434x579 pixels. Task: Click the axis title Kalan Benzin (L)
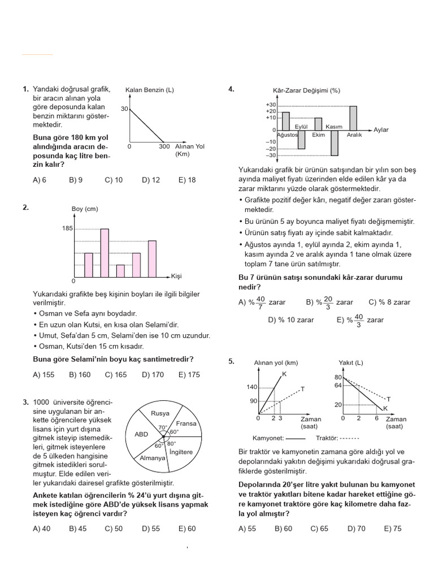[x=149, y=90]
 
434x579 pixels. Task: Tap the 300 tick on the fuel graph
[x=164, y=146]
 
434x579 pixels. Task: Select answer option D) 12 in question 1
[x=151, y=180]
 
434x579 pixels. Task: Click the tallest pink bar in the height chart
[x=105, y=252]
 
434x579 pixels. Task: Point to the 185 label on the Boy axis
[x=68, y=228]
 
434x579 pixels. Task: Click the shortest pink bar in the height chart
[x=120, y=271]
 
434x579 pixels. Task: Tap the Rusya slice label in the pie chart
[x=160, y=413]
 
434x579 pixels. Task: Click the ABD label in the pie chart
[x=141, y=435]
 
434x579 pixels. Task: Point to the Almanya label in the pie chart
[x=153, y=458]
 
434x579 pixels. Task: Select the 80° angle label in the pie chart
[x=172, y=443]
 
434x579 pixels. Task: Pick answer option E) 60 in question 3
[x=187, y=528]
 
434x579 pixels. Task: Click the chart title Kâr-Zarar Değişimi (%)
[x=306, y=90]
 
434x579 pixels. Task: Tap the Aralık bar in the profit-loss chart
[x=353, y=118]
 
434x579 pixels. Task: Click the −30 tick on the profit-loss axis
[x=271, y=155]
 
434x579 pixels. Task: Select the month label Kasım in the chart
[x=334, y=127]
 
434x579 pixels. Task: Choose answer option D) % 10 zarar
[x=291, y=320]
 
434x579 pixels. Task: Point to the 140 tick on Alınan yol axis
[x=251, y=387]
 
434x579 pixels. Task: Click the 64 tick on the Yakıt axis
[x=338, y=385]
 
